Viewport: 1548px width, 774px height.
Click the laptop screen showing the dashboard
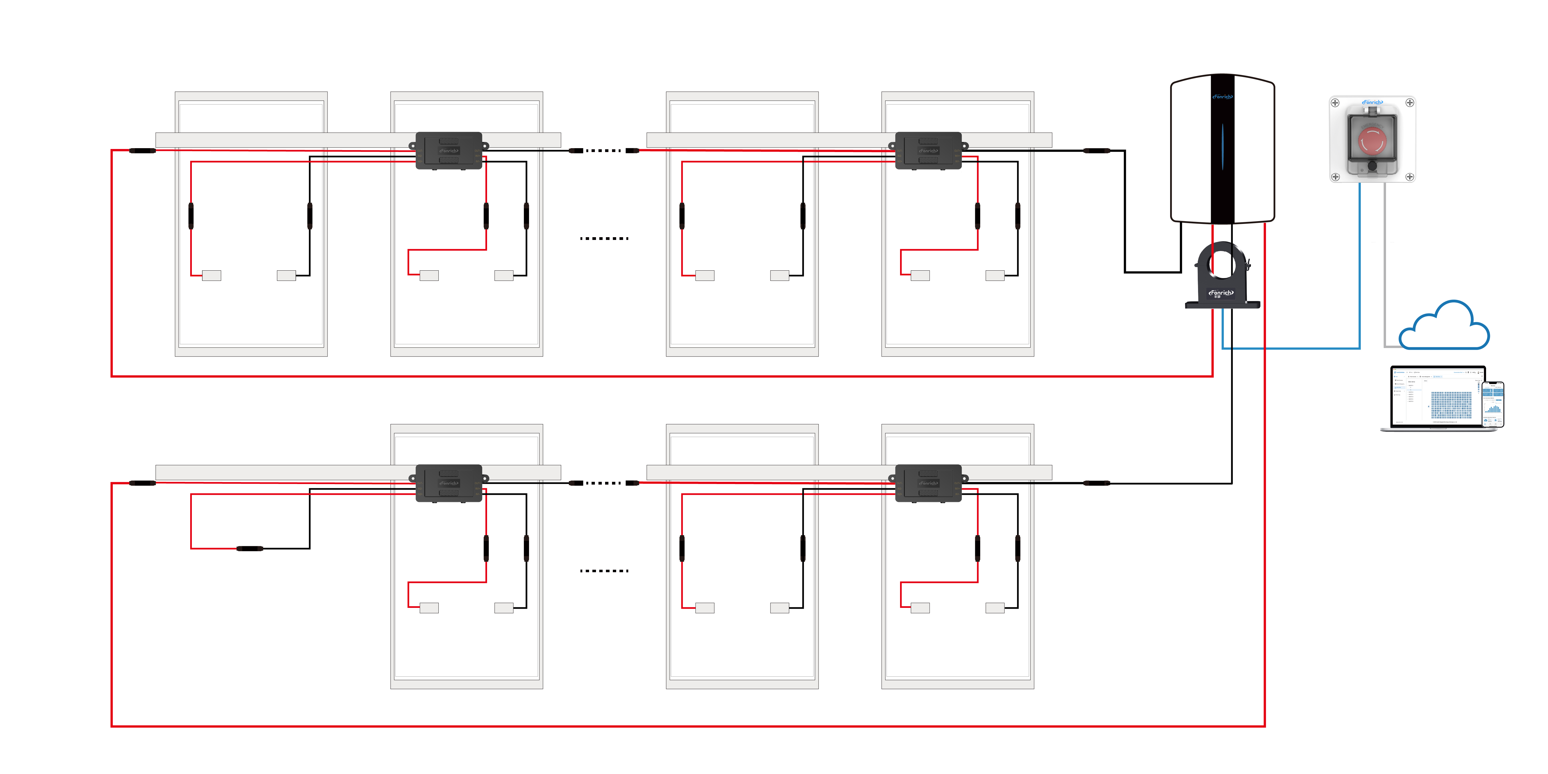1436,397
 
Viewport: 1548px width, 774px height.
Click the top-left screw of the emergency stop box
1335,103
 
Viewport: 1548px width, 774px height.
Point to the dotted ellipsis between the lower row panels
604,570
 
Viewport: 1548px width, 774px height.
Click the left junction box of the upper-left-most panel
211,275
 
